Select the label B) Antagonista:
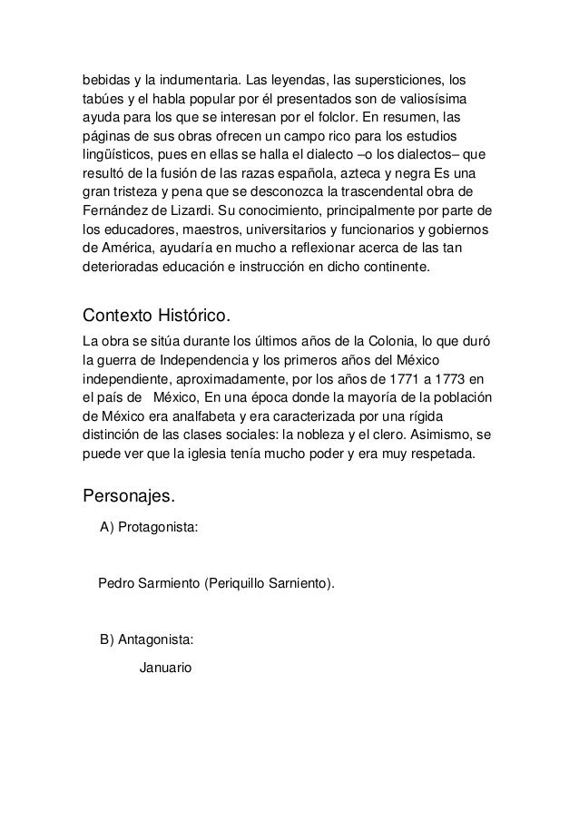(x=146, y=639)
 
